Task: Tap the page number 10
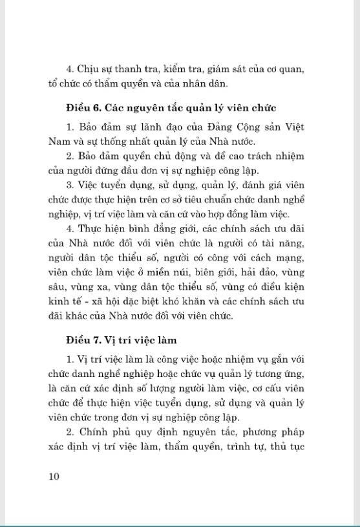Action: click(54, 477)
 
